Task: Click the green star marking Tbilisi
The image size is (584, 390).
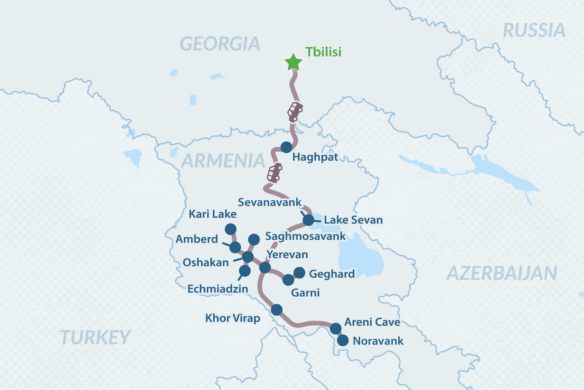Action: [x=293, y=62]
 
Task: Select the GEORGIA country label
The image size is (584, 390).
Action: [x=220, y=44]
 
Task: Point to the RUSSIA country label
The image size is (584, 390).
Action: [x=534, y=29]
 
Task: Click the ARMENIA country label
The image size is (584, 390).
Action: [x=223, y=161]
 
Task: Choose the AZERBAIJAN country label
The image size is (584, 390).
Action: [x=502, y=273]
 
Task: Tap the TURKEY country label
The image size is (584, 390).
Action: [x=95, y=337]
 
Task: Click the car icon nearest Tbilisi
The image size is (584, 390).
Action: [x=295, y=111]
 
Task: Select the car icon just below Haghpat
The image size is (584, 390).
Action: [x=274, y=174]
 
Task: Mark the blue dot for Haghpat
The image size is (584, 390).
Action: [x=286, y=147]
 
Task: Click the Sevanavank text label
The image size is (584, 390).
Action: [x=269, y=202]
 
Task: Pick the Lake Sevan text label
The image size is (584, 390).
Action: [x=353, y=220]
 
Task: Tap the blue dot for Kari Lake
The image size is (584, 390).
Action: [x=230, y=228]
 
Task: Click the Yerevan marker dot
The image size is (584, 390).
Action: [x=265, y=267]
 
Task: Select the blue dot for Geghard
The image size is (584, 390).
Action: [x=299, y=273]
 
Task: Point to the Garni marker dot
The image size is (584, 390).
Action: [x=288, y=279]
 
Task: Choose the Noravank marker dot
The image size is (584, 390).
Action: [x=343, y=340]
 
